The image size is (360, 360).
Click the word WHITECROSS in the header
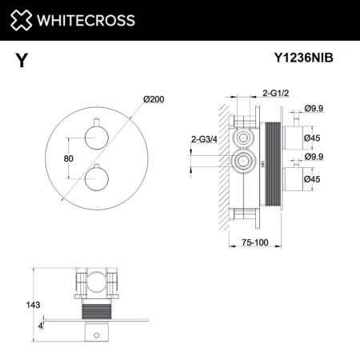pyautogui.click(x=83, y=19)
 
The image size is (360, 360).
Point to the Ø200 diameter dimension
pyautogui.click(x=154, y=98)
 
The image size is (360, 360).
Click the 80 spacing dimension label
pyautogui.click(x=69, y=158)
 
